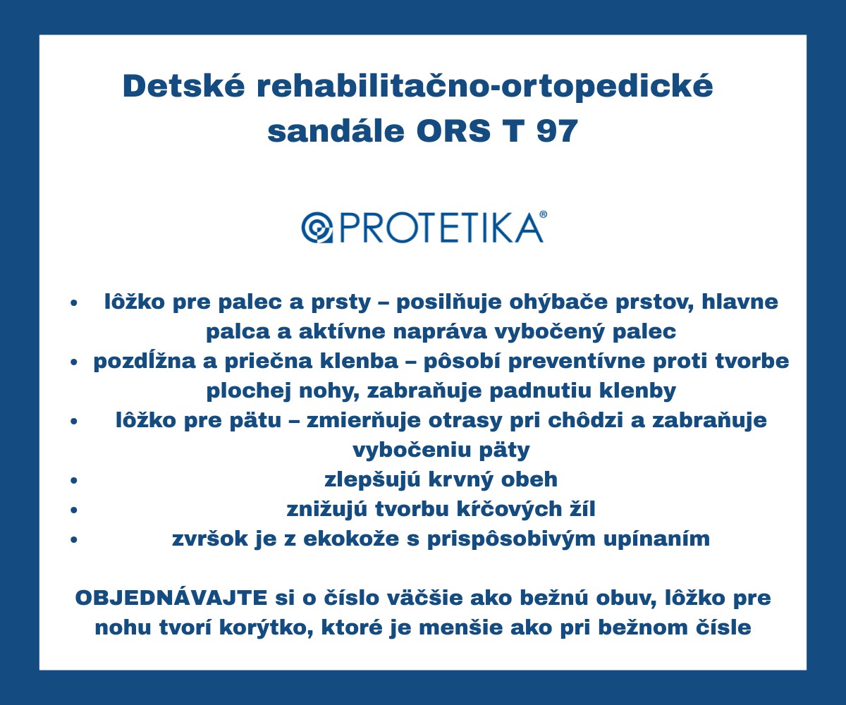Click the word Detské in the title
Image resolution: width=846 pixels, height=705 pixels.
184,85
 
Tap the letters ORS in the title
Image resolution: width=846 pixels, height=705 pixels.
454,130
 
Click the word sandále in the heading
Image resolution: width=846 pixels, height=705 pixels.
336,130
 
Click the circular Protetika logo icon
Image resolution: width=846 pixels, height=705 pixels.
317,228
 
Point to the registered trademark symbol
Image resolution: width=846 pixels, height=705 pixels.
544,214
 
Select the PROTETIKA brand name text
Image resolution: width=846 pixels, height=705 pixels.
441,228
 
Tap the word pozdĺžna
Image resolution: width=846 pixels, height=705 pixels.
145,362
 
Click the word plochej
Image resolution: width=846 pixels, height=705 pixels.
249,391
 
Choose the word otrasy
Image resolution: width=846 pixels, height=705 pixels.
465,421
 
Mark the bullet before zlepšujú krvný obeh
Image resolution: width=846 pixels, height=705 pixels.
74,481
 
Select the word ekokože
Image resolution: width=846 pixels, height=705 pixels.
351,539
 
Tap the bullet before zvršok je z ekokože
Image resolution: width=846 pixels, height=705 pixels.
74,540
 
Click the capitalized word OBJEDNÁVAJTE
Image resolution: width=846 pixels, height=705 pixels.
171,598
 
